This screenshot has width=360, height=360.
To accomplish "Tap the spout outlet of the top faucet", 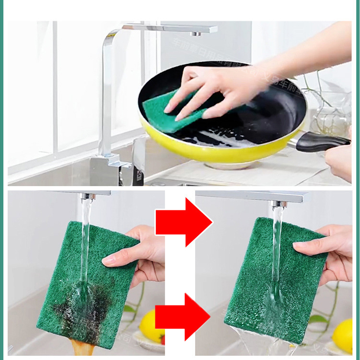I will (196, 33).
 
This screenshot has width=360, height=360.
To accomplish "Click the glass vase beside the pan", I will (331, 115).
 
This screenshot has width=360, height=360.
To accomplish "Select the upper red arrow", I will (184, 222).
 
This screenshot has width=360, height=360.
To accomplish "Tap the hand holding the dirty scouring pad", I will (140, 256).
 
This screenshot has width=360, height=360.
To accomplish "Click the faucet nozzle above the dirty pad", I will (86, 196).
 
